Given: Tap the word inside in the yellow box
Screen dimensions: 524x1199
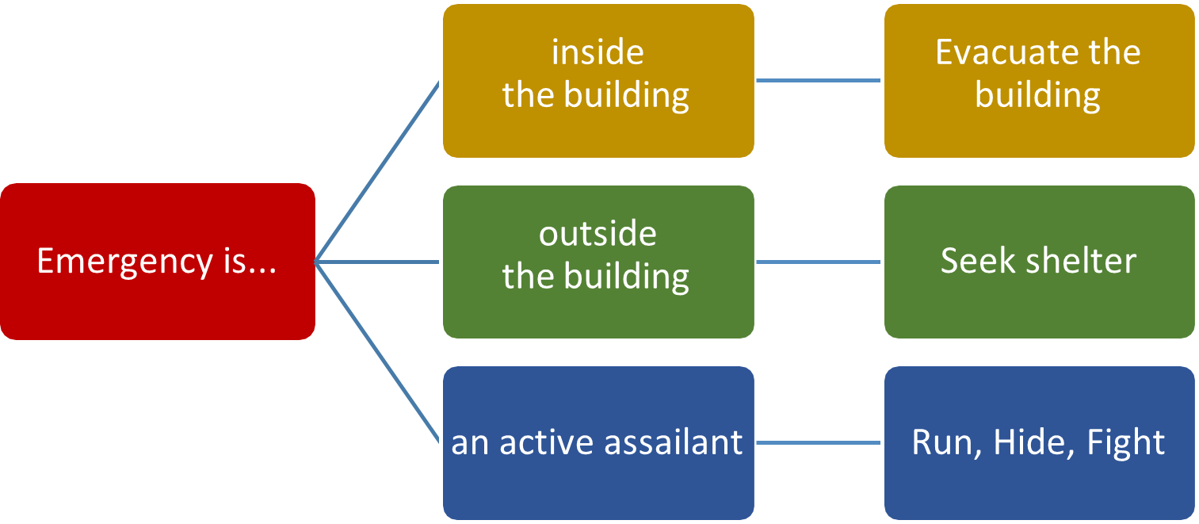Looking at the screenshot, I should (598, 53).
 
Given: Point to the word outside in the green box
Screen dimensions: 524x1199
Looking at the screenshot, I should (598, 235).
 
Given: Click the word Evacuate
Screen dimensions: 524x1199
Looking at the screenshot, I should (1000, 53).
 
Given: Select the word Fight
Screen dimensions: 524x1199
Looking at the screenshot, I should (1125, 442).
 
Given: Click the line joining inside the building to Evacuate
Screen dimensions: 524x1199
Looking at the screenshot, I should (819, 80).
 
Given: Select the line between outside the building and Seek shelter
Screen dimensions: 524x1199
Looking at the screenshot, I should (819, 262).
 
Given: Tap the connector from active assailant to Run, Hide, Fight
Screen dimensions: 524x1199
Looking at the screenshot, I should (819, 442).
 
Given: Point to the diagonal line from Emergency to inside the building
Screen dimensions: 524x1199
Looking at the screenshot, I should (377, 171).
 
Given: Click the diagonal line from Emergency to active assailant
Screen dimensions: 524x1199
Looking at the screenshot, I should (377, 352).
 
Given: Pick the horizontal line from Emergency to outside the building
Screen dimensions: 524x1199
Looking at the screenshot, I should (377, 262).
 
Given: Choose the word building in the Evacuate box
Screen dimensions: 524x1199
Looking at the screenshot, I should (1037, 96).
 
